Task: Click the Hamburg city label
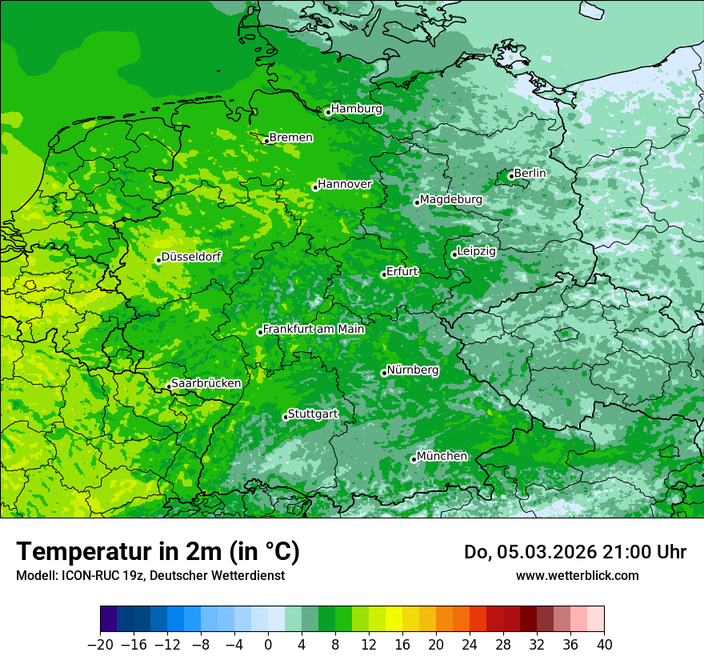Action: [x=357, y=109]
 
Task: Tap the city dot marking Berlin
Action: [x=511, y=176]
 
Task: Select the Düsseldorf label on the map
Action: [x=191, y=257]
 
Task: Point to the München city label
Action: [x=442, y=456]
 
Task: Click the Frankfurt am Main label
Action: [x=314, y=329]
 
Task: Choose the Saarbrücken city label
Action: [x=206, y=383]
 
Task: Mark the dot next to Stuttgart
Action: [x=285, y=417]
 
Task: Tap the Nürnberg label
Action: [x=412, y=370]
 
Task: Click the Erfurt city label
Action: [x=402, y=271]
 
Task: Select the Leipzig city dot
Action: [x=454, y=254]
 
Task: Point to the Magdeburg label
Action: [x=450, y=199]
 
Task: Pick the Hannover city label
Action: [x=345, y=184]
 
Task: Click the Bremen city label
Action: [x=290, y=138]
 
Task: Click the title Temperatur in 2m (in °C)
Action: [x=158, y=551]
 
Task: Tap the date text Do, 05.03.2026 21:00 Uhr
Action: [x=575, y=552]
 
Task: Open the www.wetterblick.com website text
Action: [x=577, y=575]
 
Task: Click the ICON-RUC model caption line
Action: [x=150, y=575]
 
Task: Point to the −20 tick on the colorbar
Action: [x=100, y=645]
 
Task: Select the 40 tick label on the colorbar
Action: [x=604, y=645]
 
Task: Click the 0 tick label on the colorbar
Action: [x=268, y=645]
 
